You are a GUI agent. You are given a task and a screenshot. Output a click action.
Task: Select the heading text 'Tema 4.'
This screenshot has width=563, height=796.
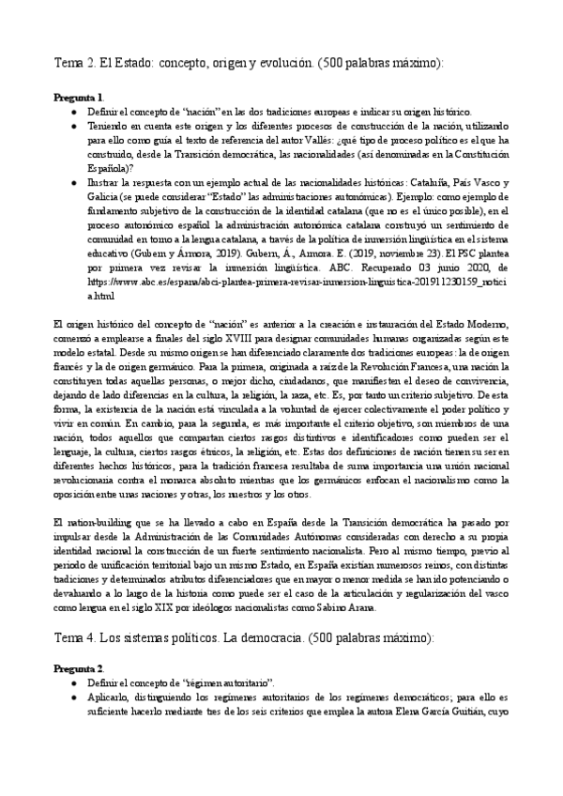point(79,638)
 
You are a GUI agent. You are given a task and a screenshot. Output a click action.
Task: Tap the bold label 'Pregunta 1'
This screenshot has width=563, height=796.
point(79,98)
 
